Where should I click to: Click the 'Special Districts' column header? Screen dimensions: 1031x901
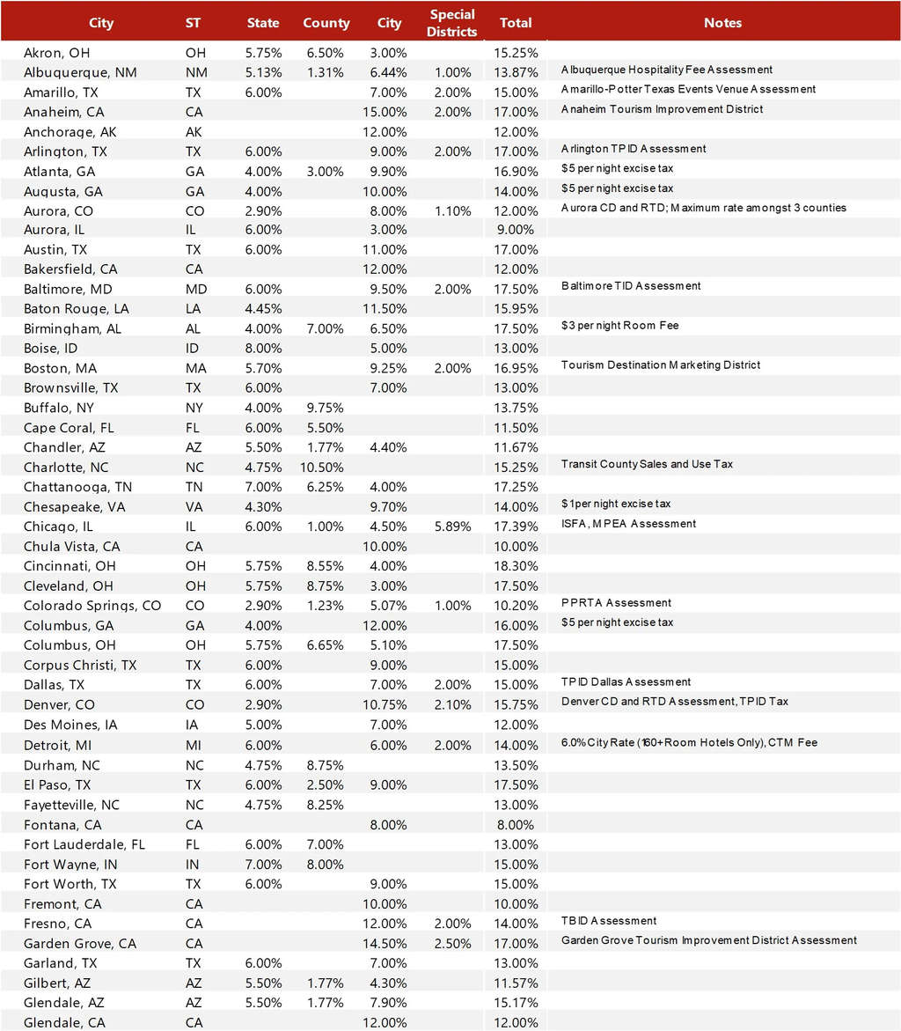pyautogui.click(x=453, y=23)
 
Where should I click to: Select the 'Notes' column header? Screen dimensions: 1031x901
pyautogui.click(x=722, y=23)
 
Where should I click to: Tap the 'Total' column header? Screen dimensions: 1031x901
pyautogui.click(x=516, y=23)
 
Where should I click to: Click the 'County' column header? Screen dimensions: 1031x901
pyautogui.click(x=326, y=23)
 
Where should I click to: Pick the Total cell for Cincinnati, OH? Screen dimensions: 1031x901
pyautogui.click(x=516, y=566)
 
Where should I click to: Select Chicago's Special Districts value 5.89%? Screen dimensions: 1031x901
pyautogui.click(x=453, y=527)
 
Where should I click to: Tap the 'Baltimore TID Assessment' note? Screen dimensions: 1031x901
pyautogui.click(x=631, y=286)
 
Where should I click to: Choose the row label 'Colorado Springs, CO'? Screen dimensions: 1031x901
pyautogui.click(x=92, y=606)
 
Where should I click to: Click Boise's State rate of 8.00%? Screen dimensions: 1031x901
pyautogui.click(x=263, y=349)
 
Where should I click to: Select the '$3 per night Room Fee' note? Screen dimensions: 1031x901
pyautogui.click(x=619, y=326)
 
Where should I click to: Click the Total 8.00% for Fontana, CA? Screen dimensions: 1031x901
pyautogui.click(x=516, y=825)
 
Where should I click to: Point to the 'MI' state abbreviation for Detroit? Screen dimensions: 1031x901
pyautogui.click(x=194, y=744)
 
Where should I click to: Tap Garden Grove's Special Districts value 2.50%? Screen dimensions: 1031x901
pyautogui.click(x=453, y=944)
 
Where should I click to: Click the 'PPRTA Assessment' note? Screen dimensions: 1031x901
pyautogui.click(x=616, y=603)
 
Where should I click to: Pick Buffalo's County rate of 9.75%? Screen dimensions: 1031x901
pyautogui.click(x=325, y=409)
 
